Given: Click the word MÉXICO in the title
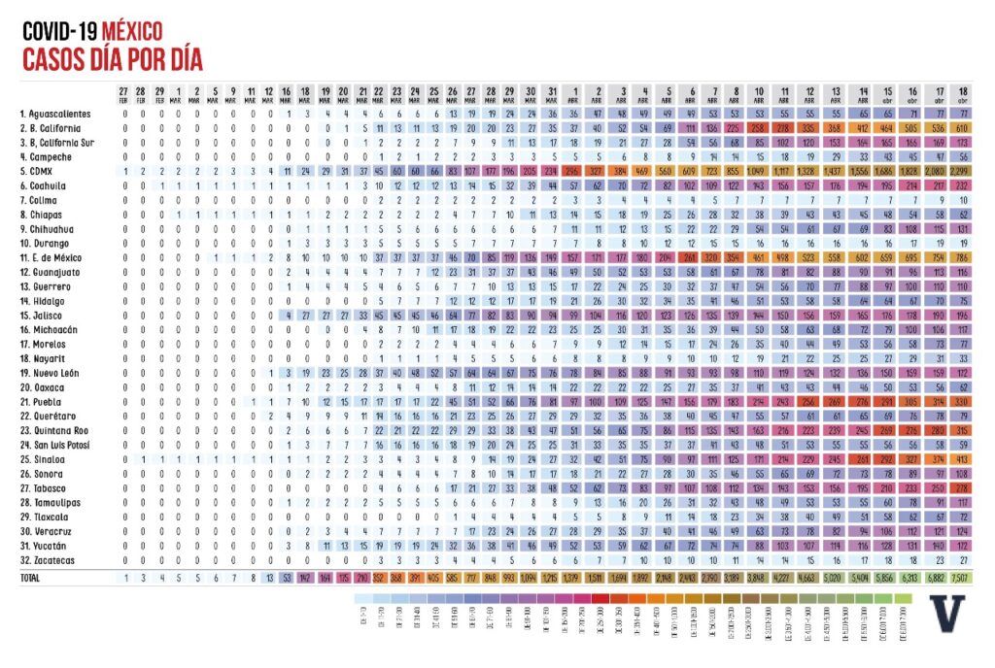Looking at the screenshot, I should pyautogui.click(x=133, y=31).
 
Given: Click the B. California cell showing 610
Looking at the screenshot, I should pyautogui.click(x=962, y=127).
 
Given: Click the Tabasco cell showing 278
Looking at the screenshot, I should pyautogui.click(x=962, y=487).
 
